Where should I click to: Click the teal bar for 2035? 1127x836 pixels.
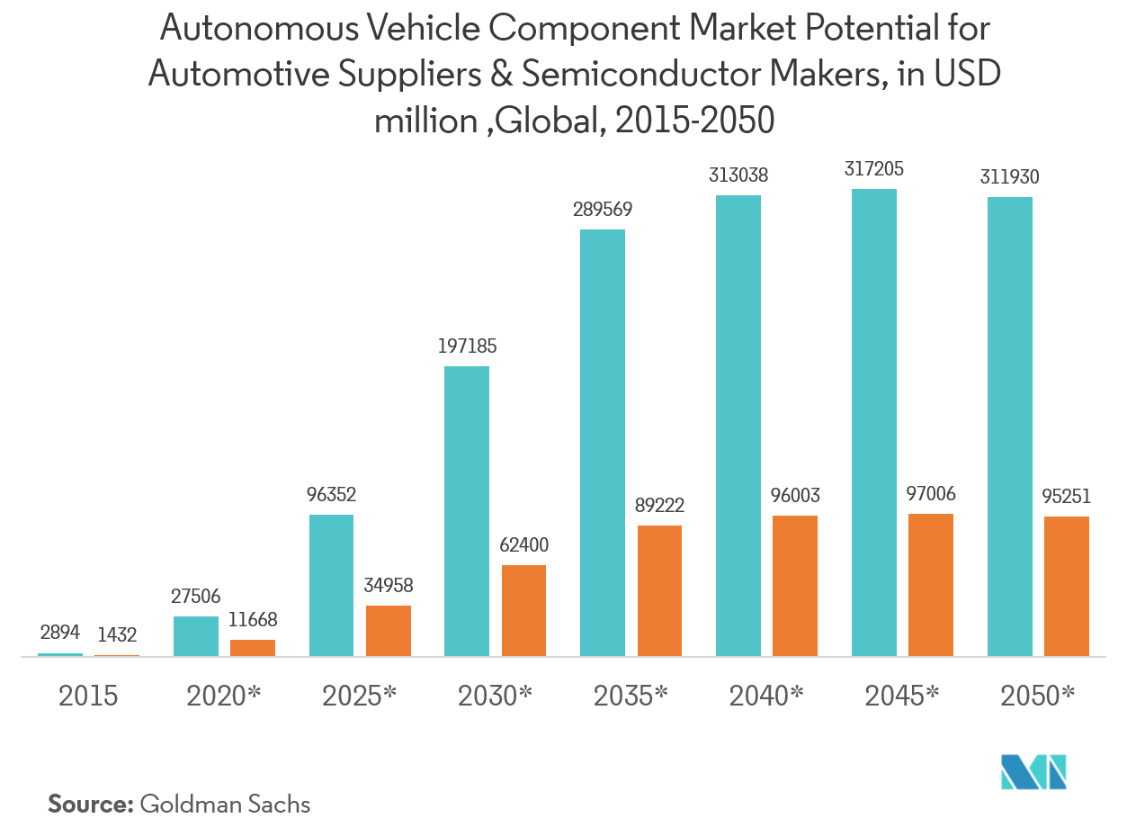pos(602,443)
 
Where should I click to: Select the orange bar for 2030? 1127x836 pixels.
pos(523,611)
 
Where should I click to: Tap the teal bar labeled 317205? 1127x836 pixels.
pos(874,422)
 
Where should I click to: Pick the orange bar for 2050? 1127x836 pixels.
pos(1067,586)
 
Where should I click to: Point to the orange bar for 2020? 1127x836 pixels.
pos(253,648)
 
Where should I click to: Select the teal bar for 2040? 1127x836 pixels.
pos(738,426)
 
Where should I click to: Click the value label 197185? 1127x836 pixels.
pos(466,346)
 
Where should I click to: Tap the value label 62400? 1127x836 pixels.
pos(523,545)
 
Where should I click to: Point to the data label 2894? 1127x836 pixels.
pos(60,634)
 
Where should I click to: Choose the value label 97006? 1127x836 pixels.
pos(930,494)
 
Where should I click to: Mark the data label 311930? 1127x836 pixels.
pos(1009,177)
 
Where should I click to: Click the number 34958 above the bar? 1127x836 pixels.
pos(388,586)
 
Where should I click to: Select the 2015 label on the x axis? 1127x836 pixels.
pos(88,696)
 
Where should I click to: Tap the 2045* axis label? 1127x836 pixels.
pos(902,696)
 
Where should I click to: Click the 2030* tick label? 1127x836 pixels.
pos(495,696)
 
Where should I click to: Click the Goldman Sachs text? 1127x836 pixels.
pos(225,804)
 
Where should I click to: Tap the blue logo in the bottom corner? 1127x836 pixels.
pos(1033,771)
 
